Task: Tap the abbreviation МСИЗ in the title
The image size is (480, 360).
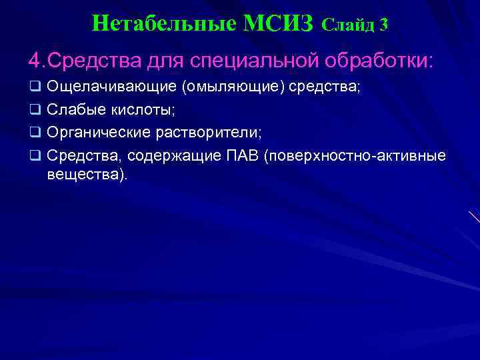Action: click(279, 24)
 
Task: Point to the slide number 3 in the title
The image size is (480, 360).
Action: click(383, 25)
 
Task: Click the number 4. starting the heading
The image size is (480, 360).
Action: click(36, 61)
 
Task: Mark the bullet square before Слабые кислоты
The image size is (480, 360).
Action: click(35, 111)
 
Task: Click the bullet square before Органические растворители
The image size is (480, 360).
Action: click(35, 133)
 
